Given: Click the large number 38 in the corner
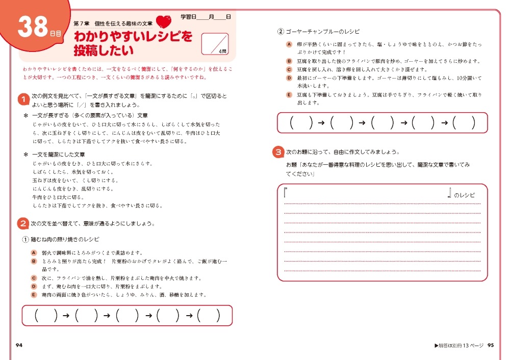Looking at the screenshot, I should (33, 29).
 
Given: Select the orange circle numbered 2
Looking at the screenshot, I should (23, 223).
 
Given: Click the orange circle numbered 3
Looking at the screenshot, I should (278, 152).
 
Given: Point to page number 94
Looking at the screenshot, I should (19, 345).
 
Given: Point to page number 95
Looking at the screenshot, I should (491, 345).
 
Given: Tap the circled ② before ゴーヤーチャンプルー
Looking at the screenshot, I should (280, 32).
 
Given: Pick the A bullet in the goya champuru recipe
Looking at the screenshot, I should (289, 44).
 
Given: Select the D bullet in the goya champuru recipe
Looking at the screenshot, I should (289, 78).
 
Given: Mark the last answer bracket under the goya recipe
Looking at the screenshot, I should (464, 122).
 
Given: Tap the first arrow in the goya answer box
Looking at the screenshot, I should (321, 123).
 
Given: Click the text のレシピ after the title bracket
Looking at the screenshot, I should (464, 195).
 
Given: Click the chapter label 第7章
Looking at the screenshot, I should (83, 23).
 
